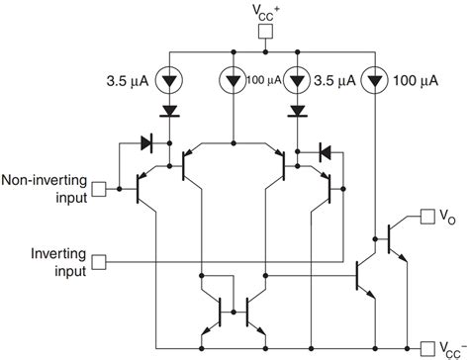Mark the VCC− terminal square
427,346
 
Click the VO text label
448,215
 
